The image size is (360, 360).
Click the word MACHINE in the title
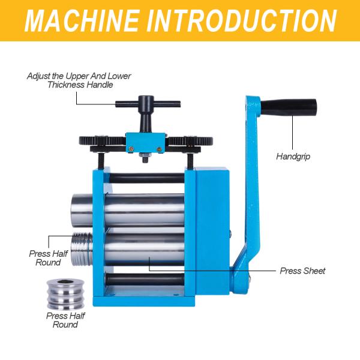[81, 21]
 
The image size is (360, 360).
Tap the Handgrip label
[293, 157]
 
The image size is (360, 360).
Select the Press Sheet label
[302, 271]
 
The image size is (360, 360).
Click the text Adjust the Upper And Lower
[79, 76]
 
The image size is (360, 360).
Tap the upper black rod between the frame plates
[147, 178]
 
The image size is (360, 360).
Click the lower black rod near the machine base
[147, 280]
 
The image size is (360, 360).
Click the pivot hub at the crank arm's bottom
[241, 277]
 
